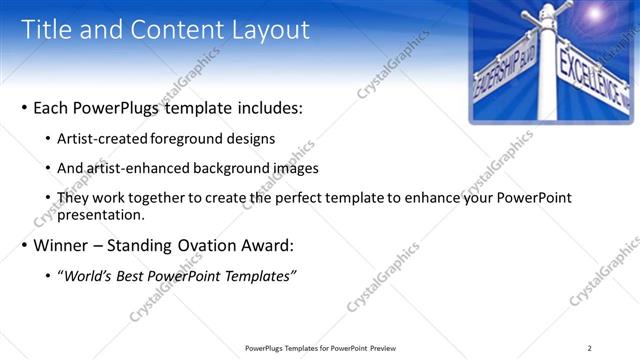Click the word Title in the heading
click(x=49, y=30)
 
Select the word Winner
click(x=62, y=245)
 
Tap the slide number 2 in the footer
click(x=590, y=348)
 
